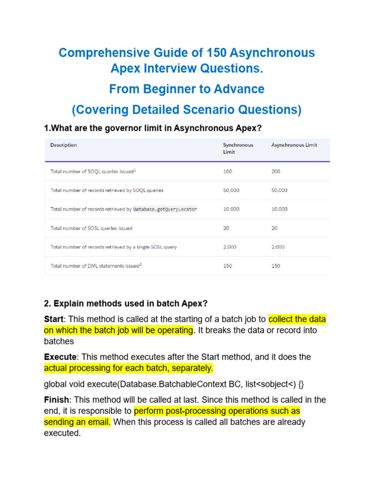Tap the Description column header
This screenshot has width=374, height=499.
click(x=64, y=145)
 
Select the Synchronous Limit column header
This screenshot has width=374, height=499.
click(x=238, y=148)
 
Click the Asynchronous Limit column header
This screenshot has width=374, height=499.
click(x=294, y=145)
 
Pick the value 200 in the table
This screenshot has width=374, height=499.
click(x=276, y=172)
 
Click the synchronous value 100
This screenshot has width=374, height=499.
click(x=227, y=172)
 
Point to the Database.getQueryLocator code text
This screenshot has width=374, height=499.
click(x=165, y=209)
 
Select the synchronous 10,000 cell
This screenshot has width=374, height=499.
click(x=231, y=209)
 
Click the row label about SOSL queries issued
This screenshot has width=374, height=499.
click(x=92, y=228)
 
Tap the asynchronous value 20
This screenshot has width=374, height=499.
click(x=274, y=228)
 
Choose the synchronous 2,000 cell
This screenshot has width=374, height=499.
click(x=230, y=247)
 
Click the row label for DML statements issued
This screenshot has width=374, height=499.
click(x=96, y=266)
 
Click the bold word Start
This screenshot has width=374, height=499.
click(x=54, y=320)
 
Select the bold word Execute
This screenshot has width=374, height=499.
click(x=58, y=357)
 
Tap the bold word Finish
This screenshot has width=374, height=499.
click(x=56, y=400)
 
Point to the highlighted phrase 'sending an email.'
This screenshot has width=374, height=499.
click(x=77, y=422)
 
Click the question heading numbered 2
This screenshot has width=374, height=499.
click(x=126, y=304)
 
